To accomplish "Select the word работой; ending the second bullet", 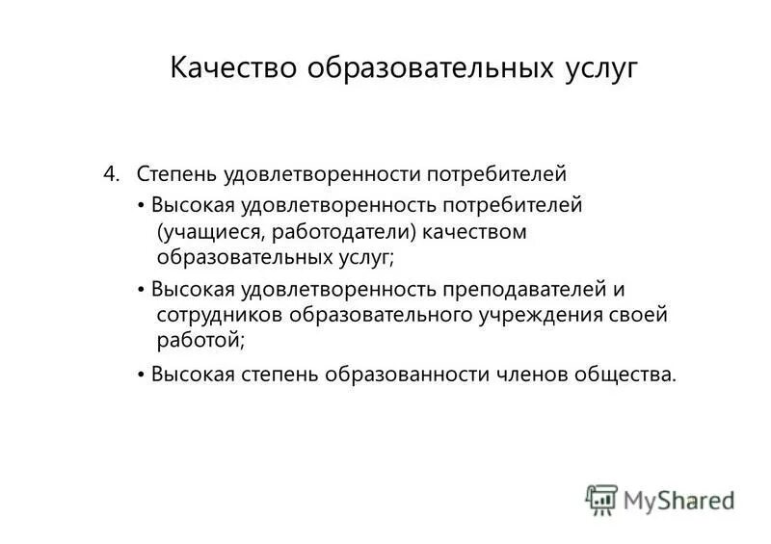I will click(200, 340).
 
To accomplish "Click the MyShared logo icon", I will click(601, 498).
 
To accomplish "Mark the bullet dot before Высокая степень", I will click(141, 375).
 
